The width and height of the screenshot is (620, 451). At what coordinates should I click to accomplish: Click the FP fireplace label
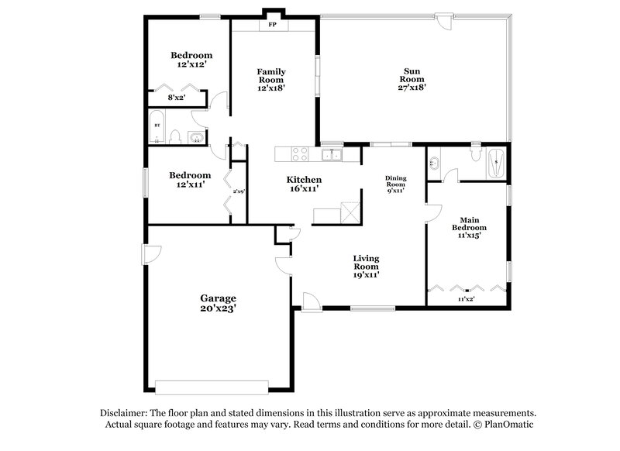pyautogui.click(x=272, y=25)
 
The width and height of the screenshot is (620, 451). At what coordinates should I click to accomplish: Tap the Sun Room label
pyautogui.click(x=412, y=79)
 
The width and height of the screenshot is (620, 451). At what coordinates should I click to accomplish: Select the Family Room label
pyautogui.click(x=271, y=80)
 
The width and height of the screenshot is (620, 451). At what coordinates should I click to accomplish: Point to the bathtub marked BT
pyautogui.click(x=157, y=129)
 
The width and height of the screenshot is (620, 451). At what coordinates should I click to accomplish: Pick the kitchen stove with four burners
pyautogui.click(x=300, y=154)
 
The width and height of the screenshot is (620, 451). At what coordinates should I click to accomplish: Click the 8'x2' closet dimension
pyautogui.click(x=177, y=98)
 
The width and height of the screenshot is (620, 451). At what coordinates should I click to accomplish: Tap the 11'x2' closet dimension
pyautogui.click(x=465, y=298)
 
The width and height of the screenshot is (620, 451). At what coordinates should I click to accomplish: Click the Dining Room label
pyautogui.click(x=395, y=184)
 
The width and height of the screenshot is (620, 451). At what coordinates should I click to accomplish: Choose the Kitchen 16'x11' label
pyautogui.click(x=305, y=184)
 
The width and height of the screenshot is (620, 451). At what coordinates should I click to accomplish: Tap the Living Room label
pyautogui.click(x=366, y=266)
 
